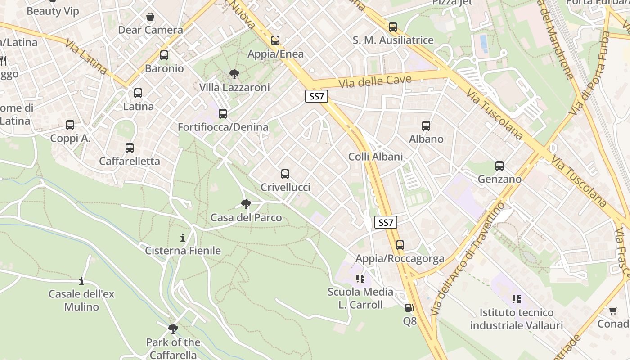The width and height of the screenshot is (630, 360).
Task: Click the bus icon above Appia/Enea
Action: point(275,40)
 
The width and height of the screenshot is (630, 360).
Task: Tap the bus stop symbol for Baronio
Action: point(164,55)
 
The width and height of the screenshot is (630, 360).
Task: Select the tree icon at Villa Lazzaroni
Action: point(234,74)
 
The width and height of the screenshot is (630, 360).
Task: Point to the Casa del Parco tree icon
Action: point(246,205)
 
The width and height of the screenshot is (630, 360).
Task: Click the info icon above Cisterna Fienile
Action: point(183,238)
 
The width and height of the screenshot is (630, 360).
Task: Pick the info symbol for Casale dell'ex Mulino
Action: point(81,281)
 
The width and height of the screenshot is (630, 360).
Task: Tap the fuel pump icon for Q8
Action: point(409,308)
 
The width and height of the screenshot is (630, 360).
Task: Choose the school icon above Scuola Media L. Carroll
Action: point(360,279)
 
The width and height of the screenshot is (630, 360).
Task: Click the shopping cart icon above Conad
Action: point(613,310)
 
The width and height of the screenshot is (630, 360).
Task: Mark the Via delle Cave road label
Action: point(375,81)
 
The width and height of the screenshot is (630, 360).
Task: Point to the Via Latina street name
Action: point(85,57)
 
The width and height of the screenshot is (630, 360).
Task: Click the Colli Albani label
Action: point(376,157)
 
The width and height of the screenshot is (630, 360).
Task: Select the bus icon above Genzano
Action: point(499,166)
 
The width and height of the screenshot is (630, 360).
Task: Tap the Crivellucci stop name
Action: point(285,187)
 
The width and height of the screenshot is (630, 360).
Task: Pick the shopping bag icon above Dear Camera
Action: point(150,17)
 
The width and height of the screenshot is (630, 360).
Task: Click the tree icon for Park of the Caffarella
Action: point(173,329)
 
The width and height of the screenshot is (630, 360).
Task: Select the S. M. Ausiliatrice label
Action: point(393,40)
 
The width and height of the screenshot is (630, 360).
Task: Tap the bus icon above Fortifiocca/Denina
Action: point(223,114)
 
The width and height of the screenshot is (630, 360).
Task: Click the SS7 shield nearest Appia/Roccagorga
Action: point(386,222)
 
